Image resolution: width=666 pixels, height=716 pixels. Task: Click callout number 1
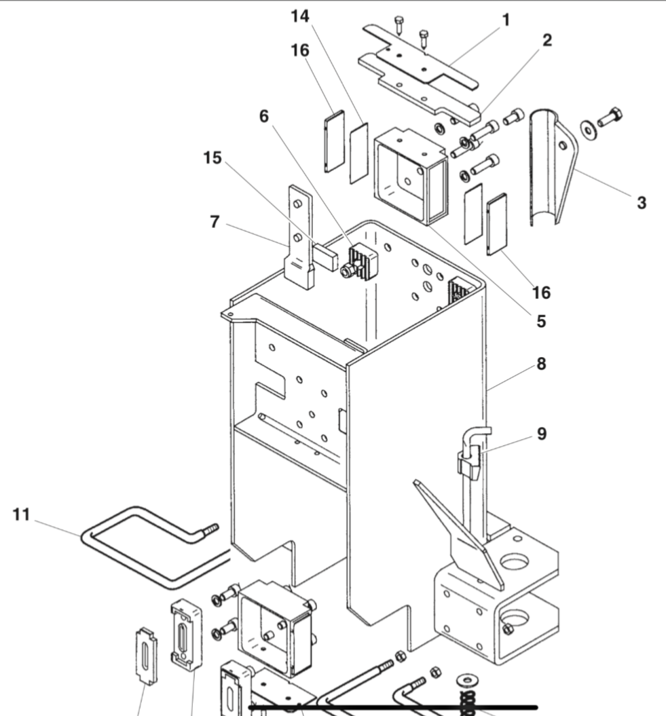504,20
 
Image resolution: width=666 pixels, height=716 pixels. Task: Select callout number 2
547,40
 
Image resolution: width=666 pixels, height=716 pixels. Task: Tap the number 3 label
641,202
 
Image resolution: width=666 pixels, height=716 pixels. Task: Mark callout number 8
541,364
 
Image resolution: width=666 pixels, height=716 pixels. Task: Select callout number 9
541,434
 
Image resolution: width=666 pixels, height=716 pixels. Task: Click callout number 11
22,515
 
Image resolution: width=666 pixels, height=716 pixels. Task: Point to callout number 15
212,157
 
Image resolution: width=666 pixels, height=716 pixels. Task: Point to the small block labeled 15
327,257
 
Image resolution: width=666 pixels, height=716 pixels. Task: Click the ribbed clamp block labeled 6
360,261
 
